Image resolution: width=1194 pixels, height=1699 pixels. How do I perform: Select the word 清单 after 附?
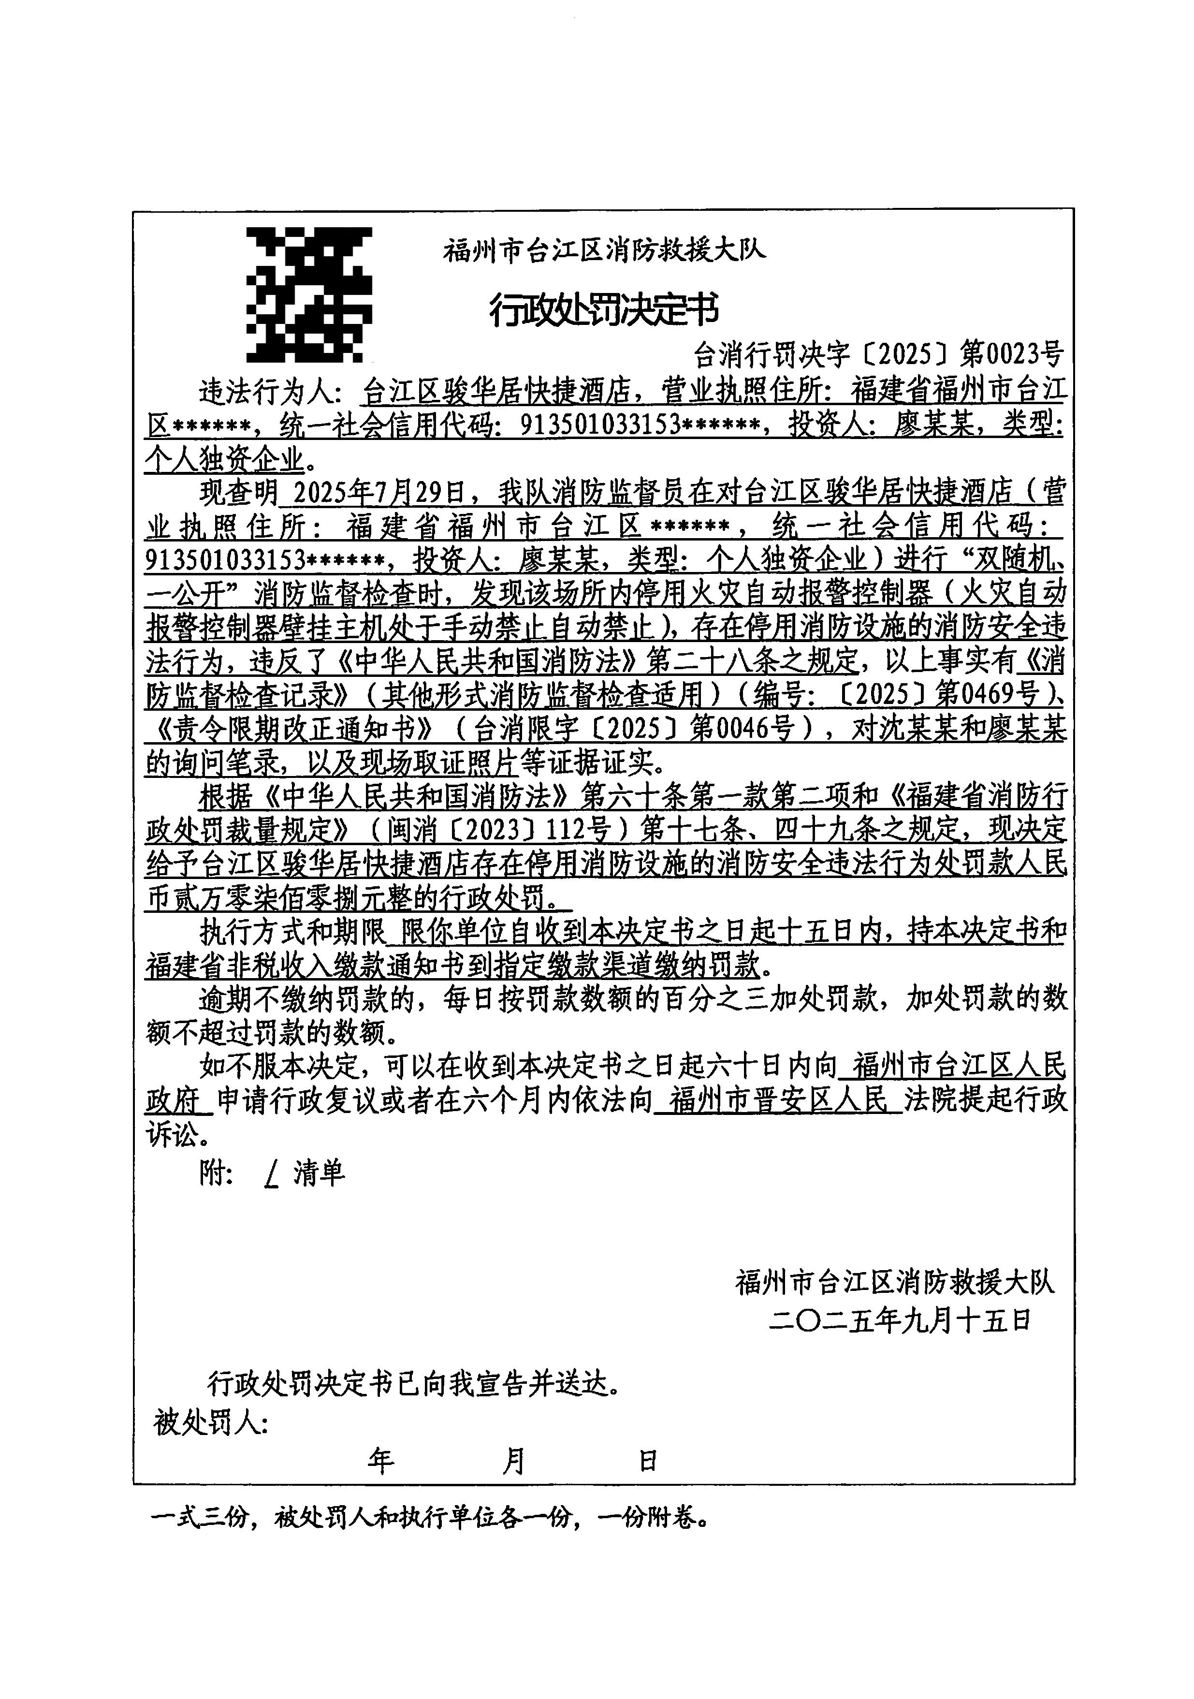[319, 1173]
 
